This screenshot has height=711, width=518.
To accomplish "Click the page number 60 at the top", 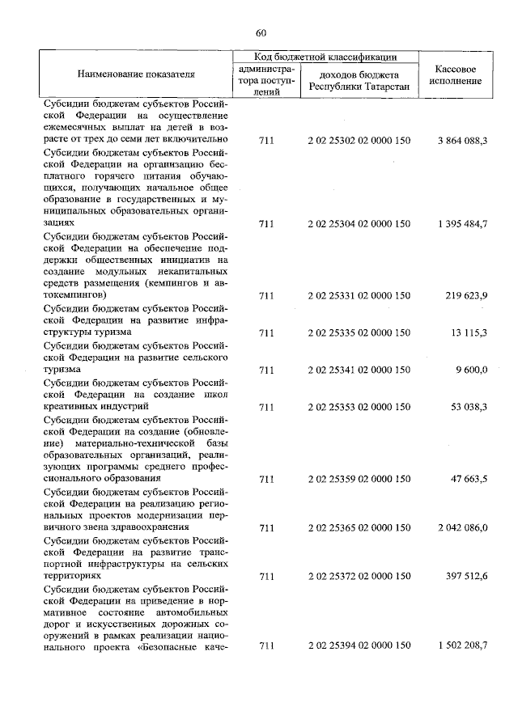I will point(260,33).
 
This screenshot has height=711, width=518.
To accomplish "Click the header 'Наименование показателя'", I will point(136,74).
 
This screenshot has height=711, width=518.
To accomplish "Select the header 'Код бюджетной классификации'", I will point(325,57).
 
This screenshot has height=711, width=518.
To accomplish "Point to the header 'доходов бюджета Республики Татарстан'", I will point(359,81).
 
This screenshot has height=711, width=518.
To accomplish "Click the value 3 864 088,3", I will point(462,141).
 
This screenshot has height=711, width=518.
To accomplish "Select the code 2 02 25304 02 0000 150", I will point(359,222).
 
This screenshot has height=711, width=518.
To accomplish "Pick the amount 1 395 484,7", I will point(462,222).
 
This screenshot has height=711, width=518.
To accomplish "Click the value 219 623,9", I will point(467,296).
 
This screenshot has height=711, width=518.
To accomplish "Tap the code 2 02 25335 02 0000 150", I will point(359,332).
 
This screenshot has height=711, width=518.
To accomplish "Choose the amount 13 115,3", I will point(469,332).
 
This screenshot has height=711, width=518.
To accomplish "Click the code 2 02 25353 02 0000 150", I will point(359,407).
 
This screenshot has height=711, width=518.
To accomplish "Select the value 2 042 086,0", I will point(462,527).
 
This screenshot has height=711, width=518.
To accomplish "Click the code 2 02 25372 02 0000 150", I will point(359,577).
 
